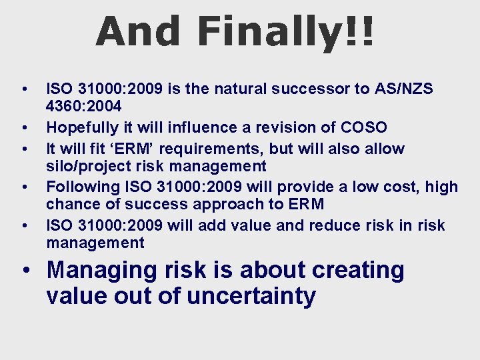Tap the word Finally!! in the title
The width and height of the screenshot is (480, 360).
coord(286,31)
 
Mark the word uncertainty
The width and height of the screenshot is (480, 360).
coord(251,295)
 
